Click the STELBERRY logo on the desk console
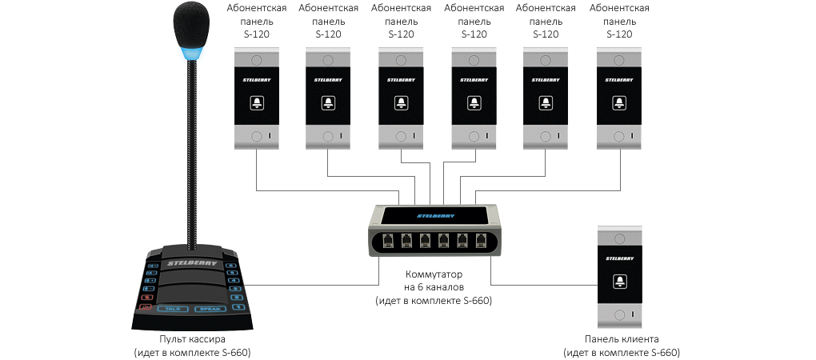tap(191, 261)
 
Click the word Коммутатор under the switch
tap(433, 274)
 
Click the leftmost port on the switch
tap(386, 238)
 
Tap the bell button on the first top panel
tap(257, 102)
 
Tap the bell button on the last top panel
tap(620, 102)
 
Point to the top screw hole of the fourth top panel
tap(474, 61)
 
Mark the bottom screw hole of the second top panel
tap(328, 137)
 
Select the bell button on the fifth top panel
tap(546, 102)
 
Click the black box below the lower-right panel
tap(622, 346)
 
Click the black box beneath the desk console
tap(192, 346)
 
